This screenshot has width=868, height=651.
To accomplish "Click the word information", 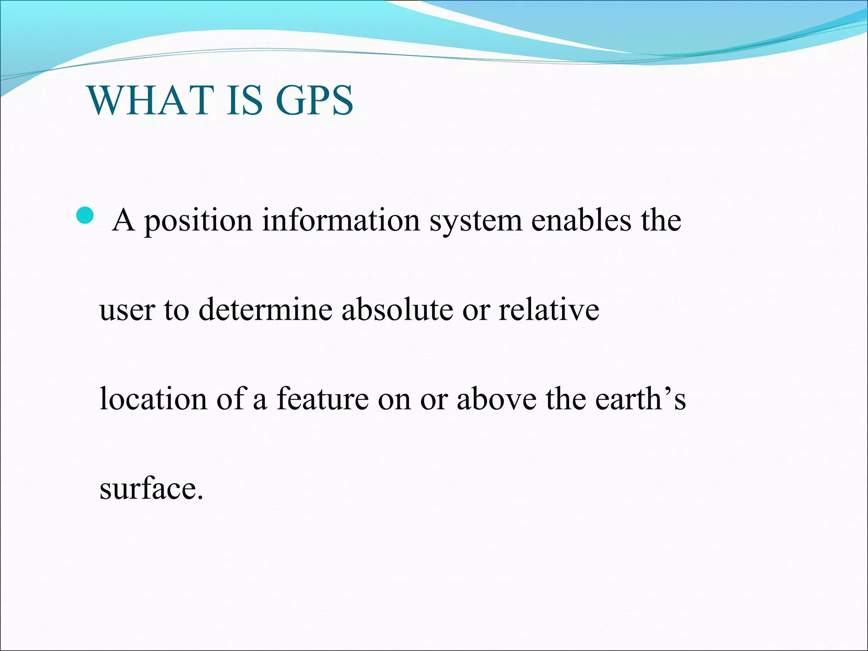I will [x=341, y=220].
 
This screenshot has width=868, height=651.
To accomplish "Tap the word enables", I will [x=581, y=220].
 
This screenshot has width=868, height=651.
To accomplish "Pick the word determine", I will [x=265, y=309].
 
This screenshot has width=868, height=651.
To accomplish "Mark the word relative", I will [x=549, y=309].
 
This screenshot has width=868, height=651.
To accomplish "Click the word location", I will [x=153, y=399].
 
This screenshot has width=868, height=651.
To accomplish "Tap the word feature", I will [x=323, y=399].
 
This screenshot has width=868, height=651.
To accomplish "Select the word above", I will [x=496, y=399].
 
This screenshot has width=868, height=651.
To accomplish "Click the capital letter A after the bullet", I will [x=124, y=220].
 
